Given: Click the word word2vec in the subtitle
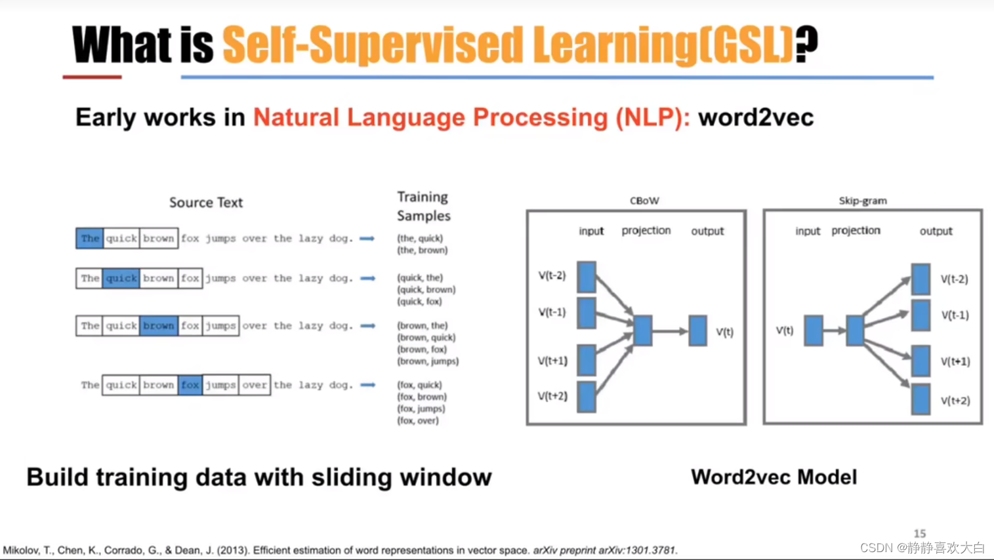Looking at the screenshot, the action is coord(756,118).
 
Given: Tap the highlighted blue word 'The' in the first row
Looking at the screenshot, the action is coord(90,238).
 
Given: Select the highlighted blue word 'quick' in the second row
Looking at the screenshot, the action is coord(121,278).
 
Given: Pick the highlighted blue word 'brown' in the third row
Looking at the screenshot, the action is coord(159,325).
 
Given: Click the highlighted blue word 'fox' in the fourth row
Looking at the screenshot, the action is coord(190,385).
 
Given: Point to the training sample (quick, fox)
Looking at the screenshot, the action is coord(419,302).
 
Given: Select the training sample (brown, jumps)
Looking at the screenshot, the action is coord(428,361).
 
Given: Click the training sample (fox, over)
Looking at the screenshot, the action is coord(418,421).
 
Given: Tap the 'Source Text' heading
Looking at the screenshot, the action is coord(206,203).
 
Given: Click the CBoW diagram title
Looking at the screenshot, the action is coord(644,201).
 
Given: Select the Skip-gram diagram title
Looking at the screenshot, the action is coord(863,201).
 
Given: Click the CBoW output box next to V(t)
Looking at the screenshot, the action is coord(697,330).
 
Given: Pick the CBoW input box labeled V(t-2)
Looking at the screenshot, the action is coord(587,277).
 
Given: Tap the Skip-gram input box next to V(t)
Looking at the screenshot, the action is coord(814,330).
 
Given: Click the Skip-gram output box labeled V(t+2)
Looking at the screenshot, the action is coord(921,399).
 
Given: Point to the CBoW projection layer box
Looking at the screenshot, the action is coord(643,330).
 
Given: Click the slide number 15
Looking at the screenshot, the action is coord(920,534).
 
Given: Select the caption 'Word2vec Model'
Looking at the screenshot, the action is coord(774,477).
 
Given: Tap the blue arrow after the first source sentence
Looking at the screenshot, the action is coord(367,239).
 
